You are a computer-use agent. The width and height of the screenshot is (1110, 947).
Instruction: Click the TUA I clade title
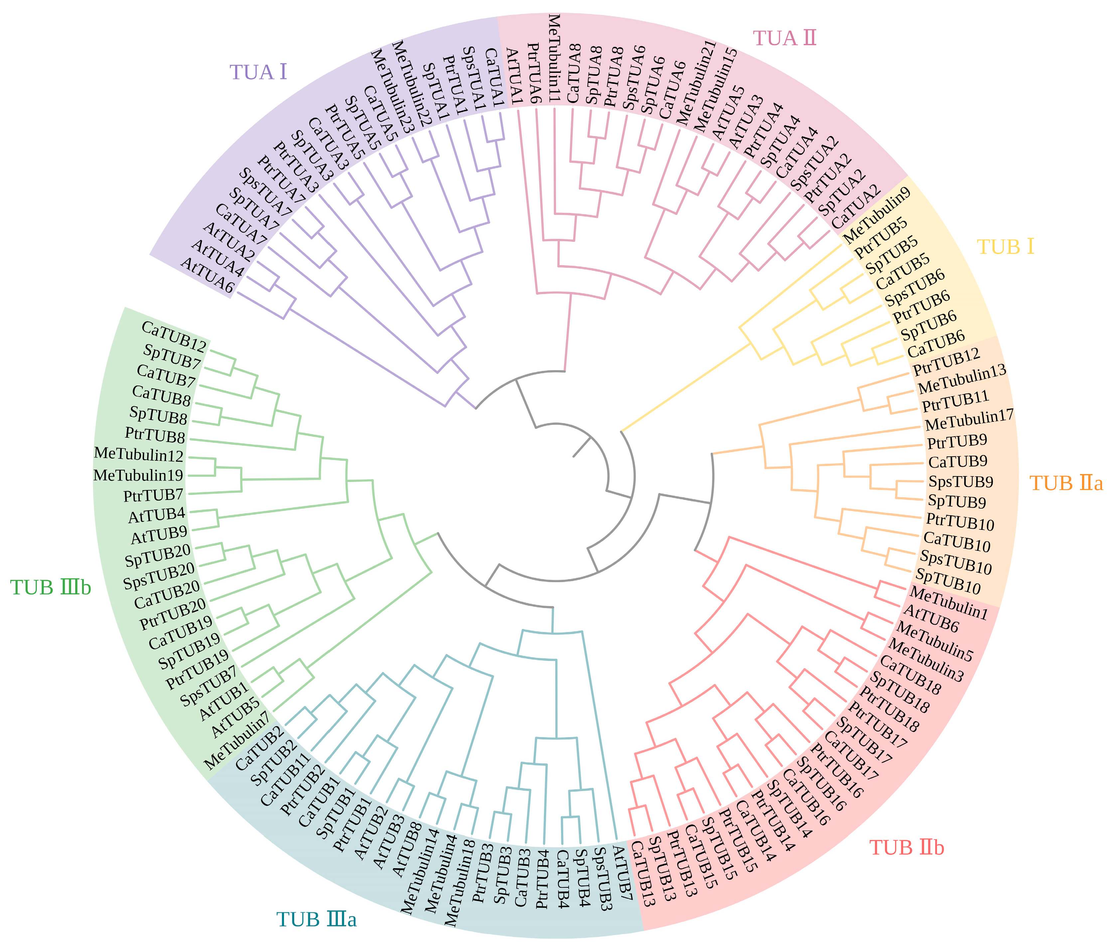pyautogui.click(x=258, y=72)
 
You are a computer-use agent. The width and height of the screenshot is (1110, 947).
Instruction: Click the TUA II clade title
pyautogui.click(x=784, y=38)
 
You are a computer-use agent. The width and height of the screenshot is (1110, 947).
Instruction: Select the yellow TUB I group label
pyautogui.click(x=1006, y=246)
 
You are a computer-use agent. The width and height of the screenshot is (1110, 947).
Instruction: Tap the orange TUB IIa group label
pyautogui.click(x=1066, y=483)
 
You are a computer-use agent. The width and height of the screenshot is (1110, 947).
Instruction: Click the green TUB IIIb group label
pyautogui.click(x=51, y=588)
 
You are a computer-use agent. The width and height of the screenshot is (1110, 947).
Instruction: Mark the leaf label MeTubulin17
pyautogui.click(x=969, y=420)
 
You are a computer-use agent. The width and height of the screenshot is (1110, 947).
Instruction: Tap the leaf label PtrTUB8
pyautogui.click(x=155, y=435)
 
